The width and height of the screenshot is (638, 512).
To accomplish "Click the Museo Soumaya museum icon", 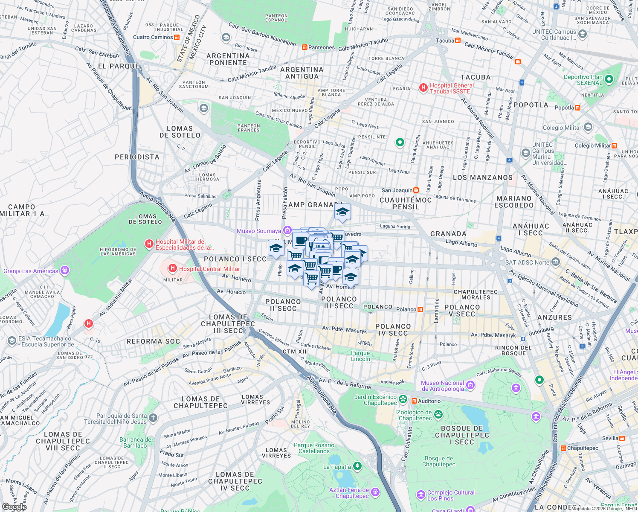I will tap(287, 231).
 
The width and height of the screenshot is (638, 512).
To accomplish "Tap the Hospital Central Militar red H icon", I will tap(172, 268).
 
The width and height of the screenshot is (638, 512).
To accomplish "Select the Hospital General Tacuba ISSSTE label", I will tap(452, 88).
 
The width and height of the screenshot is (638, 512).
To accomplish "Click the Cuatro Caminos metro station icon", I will tap(177, 37).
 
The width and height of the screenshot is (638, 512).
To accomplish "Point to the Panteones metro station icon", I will tap(304, 47).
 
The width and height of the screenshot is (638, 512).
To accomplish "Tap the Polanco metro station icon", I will tap(420, 309).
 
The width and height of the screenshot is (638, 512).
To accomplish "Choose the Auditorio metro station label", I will tap(429, 401).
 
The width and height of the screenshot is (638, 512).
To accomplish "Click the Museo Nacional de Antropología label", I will tap(442, 386).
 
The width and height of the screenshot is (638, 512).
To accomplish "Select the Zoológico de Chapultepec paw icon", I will tap(438, 414).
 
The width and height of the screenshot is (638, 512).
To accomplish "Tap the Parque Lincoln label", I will tap(360, 356).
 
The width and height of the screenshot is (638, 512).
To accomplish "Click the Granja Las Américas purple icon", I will tap(64, 270).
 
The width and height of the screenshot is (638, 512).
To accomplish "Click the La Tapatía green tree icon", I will tap(357, 466).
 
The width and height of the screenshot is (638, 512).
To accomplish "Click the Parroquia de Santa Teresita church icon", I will tap(154, 418).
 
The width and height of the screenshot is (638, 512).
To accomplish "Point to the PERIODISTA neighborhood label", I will tap(137, 157).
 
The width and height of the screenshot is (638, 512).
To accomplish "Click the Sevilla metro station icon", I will tap(622, 438).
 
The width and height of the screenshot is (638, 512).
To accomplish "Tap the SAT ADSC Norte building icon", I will tap(555, 262).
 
